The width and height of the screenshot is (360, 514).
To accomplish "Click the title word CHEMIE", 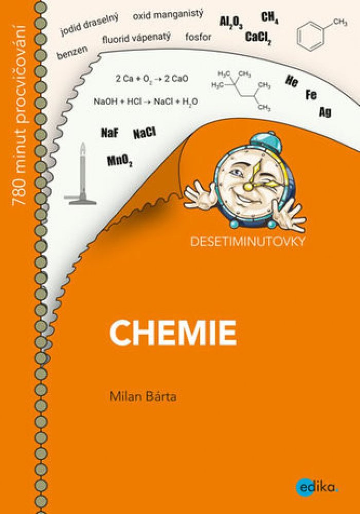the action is click(x=173, y=333).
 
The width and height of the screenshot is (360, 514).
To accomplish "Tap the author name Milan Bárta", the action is click(x=143, y=396).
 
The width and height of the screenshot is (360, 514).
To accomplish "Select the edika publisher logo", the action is click(x=317, y=487).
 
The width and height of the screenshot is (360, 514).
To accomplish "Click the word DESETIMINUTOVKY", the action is click(x=248, y=242).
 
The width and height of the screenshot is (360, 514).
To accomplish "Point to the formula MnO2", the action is click(x=120, y=161).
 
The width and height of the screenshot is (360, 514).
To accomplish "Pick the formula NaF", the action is click(x=110, y=133).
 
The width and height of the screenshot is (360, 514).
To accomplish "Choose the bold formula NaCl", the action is click(x=145, y=133).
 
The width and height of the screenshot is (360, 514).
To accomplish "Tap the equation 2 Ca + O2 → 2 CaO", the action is click(x=152, y=79).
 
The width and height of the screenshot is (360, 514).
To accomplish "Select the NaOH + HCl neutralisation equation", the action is click(x=146, y=102).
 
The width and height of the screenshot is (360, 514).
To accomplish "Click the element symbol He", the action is click(x=292, y=81).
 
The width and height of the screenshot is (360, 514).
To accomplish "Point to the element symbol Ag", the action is click(x=325, y=112).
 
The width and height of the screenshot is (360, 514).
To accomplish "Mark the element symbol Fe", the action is click(x=311, y=95).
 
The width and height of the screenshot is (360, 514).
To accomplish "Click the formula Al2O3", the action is click(x=231, y=22).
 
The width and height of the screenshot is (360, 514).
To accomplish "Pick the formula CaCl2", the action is click(x=258, y=38).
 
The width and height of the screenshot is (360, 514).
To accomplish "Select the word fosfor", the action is click(x=198, y=37).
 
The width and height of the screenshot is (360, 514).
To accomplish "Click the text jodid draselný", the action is click(x=89, y=25).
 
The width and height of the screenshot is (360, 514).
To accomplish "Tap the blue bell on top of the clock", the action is click(x=265, y=142).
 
